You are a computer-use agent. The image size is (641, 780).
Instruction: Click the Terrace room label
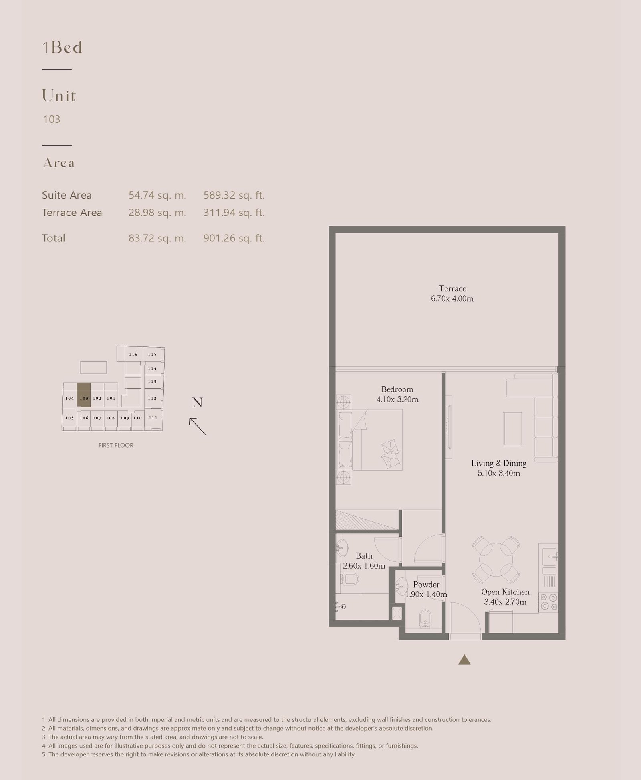[x=452, y=288]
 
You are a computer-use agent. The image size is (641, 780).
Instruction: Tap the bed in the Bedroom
[x=371, y=440]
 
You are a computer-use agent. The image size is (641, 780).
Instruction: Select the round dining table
[x=496, y=560]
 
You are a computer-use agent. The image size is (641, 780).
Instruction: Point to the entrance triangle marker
[x=464, y=660]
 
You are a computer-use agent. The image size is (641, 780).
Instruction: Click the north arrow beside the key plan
[x=198, y=426]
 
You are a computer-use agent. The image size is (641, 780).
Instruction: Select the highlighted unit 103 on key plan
[x=84, y=395]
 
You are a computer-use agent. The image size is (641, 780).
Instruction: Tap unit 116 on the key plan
[x=133, y=354]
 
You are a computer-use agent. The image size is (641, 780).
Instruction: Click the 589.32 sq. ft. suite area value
[x=234, y=195]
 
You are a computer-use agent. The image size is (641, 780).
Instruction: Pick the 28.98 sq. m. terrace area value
[x=157, y=213]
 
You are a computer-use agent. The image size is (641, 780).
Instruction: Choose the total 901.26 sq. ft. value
[x=234, y=238]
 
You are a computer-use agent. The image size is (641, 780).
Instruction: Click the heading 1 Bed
[x=62, y=47]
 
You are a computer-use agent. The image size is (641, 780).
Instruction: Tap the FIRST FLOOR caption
[x=116, y=445]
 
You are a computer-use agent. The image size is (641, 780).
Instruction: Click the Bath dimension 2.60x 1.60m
[x=364, y=566]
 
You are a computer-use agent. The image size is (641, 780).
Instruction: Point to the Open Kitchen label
[x=505, y=592]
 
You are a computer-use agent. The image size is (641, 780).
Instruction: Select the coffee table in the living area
[x=513, y=429]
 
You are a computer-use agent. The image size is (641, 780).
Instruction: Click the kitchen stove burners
[x=548, y=602]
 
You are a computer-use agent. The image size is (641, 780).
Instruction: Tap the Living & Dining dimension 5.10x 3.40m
[x=499, y=473]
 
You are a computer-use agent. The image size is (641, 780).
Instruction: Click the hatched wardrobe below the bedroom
[x=367, y=520]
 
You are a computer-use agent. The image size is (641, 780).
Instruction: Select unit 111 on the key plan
[x=153, y=418]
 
